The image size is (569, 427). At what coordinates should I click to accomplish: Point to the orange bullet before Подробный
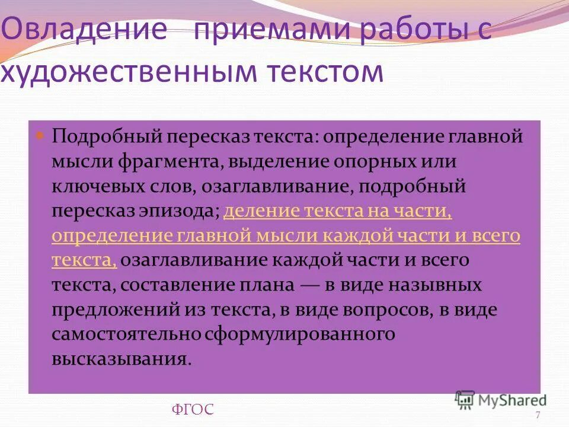[41, 135]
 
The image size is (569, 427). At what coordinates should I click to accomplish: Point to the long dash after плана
[310, 285]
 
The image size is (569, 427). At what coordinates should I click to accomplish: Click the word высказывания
[122, 359]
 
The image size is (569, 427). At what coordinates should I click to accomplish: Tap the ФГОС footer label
[193, 409]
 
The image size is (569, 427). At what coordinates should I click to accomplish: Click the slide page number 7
[538, 415]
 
